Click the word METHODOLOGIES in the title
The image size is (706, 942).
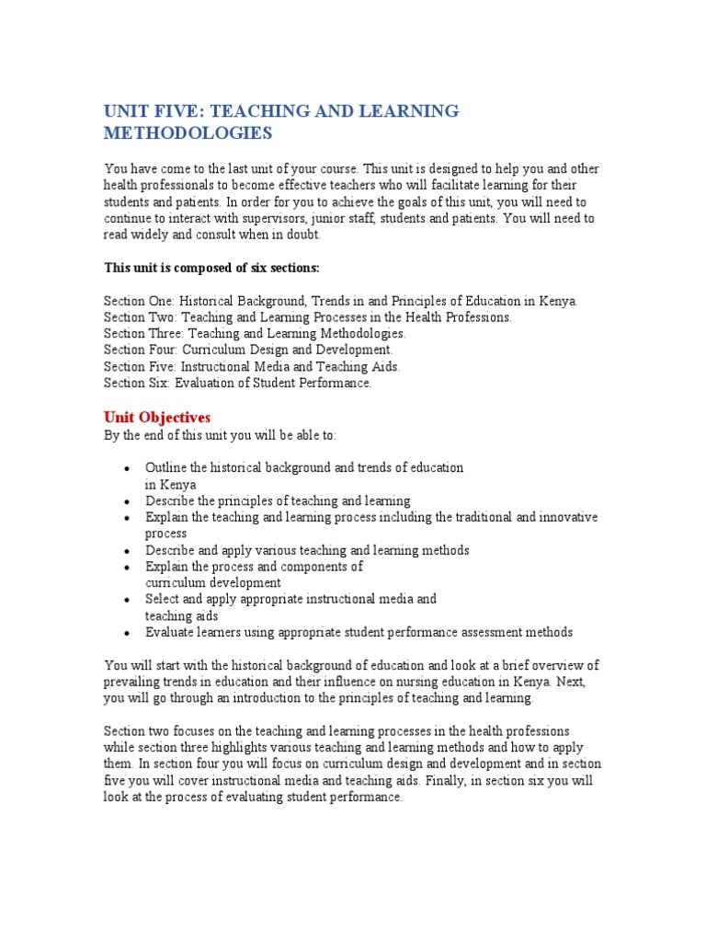(x=188, y=133)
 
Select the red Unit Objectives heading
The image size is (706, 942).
(x=157, y=418)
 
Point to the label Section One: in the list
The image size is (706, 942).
(x=139, y=301)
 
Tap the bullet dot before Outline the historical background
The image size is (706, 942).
(x=126, y=469)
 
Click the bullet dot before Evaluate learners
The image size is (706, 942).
(x=126, y=634)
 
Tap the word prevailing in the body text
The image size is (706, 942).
(x=133, y=682)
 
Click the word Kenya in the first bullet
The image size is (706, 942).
(x=177, y=485)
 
